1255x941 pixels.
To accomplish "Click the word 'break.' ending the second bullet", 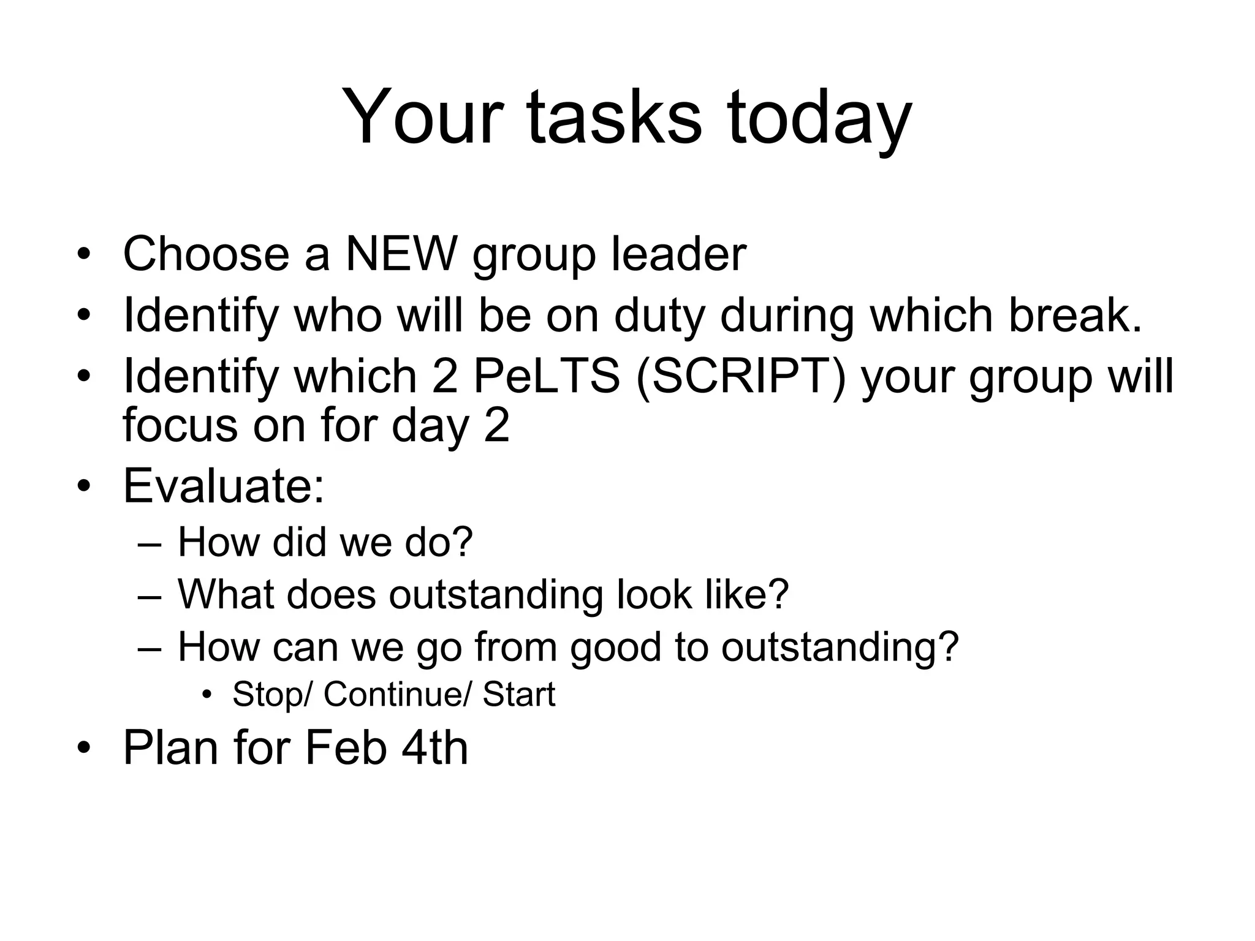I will coord(1075,315).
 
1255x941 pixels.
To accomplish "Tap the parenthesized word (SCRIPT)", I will coord(741,377).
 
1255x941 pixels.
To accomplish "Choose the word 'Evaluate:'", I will coord(224,486).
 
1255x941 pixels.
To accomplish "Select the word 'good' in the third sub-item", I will coord(615,647).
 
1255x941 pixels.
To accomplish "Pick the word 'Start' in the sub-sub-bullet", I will coord(518,694).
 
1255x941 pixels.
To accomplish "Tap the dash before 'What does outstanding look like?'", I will coord(150,595).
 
